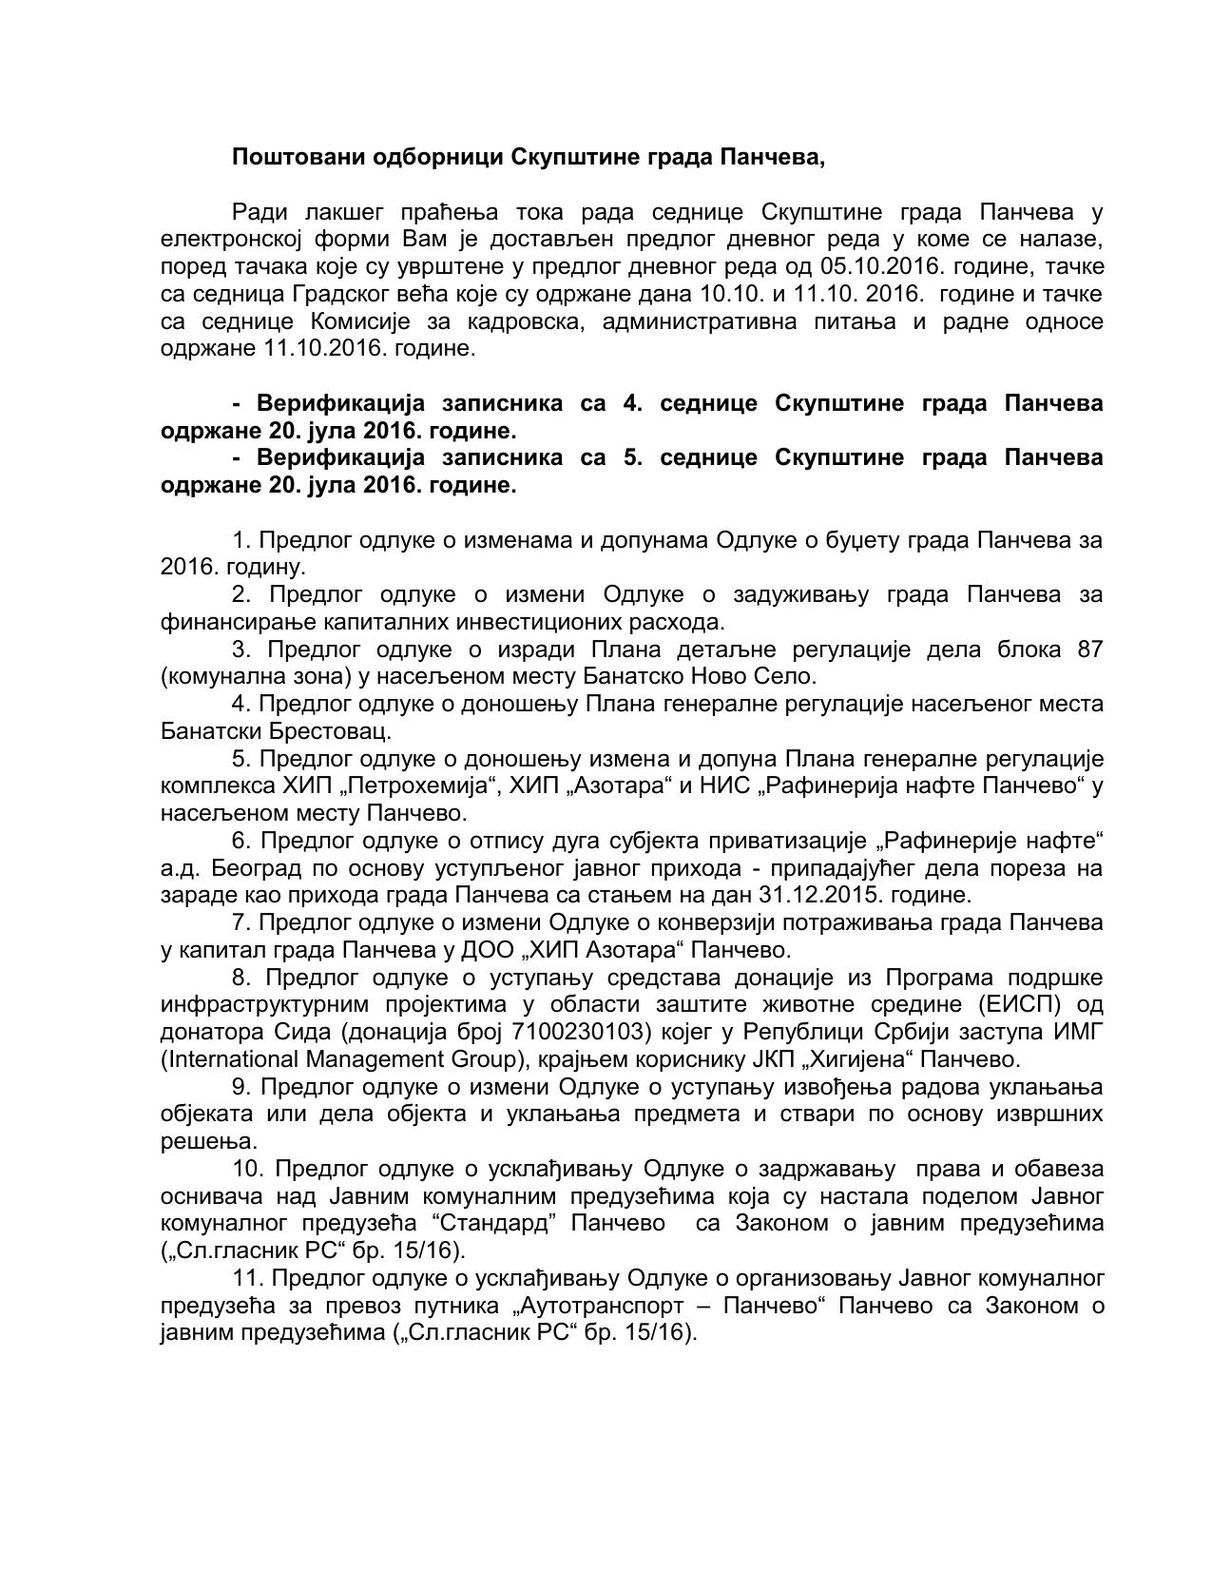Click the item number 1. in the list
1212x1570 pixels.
(x=241, y=540)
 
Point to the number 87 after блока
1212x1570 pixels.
(x=1090, y=649)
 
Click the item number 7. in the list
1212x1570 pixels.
(x=241, y=922)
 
